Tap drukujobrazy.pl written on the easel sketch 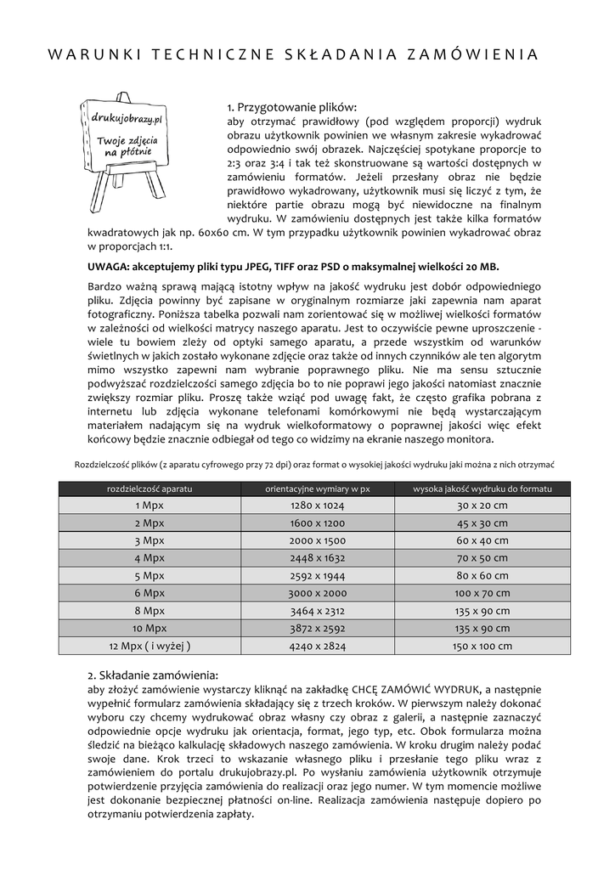(x=126, y=122)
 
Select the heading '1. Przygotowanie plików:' (x=292, y=108)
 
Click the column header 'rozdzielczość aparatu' (x=150, y=489)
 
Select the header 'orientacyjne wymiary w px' (x=318, y=489)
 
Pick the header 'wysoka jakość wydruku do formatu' (x=482, y=489)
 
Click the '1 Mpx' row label (x=150, y=506)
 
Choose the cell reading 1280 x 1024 (x=318, y=506)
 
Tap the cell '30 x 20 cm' (x=482, y=506)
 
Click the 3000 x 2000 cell (x=318, y=593)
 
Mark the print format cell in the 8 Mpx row (x=482, y=611)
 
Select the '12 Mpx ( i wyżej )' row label (x=150, y=646)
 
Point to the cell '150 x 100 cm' (x=482, y=646)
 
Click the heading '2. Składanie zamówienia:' (x=153, y=675)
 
